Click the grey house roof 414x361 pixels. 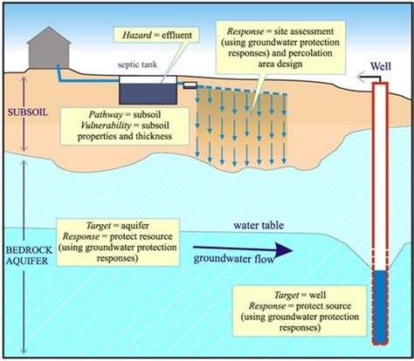(49, 36)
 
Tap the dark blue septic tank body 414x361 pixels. (148, 93)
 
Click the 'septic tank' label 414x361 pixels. (137, 65)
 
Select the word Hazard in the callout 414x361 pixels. (137, 35)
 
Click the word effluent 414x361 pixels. (177, 35)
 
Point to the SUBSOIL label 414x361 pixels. (28, 112)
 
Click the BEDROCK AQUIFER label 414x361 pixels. (29, 255)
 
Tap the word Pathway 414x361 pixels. (106, 114)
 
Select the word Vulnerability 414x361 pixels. (106, 126)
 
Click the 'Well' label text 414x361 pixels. (381, 66)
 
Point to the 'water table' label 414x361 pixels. (259, 225)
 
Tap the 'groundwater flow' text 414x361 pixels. (234, 259)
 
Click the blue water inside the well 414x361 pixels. (380, 307)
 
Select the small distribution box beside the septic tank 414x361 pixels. (190, 85)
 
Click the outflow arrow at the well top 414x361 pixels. (369, 78)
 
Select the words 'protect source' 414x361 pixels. (323, 306)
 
